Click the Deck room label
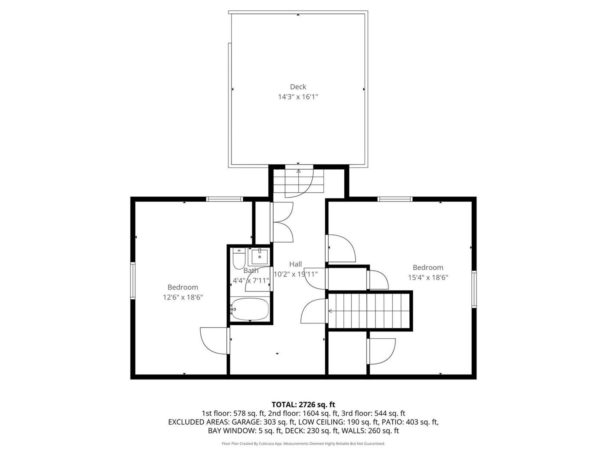tap(298, 87)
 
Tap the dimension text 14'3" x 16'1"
tap(298, 97)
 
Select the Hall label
tap(295, 264)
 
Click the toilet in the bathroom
tap(239, 258)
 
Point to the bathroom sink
tap(259, 257)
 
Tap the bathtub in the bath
tap(250, 309)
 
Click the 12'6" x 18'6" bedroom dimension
tap(183, 297)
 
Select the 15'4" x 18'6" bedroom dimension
tap(428, 278)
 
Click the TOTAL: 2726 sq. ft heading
tap(303, 405)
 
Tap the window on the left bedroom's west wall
tap(133, 281)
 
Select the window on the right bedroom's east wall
tap(474, 289)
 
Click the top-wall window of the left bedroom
tap(225, 199)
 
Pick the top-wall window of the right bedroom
tap(395, 199)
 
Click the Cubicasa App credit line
tap(303, 443)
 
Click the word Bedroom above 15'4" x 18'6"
tap(428, 268)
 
